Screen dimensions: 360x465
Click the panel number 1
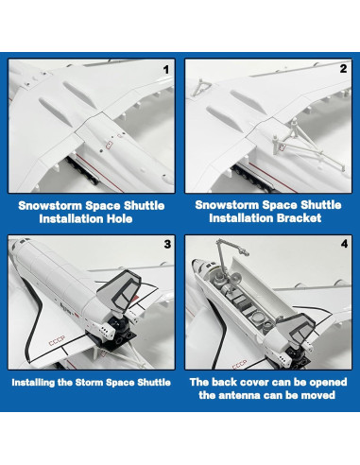point(166,70)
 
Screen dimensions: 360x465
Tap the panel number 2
point(343,69)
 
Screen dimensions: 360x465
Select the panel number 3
point(167,244)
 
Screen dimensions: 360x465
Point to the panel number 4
point(344,244)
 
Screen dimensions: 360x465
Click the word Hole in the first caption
point(119,219)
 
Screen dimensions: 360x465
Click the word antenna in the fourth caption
point(239,395)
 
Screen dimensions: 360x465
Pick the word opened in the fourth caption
point(328,382)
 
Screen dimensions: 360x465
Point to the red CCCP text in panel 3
point(57,340)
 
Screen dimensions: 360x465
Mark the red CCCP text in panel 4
point(240,364)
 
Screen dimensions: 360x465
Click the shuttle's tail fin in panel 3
point(120,290)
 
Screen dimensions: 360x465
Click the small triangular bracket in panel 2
point(199,87)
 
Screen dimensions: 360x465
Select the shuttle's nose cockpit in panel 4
point(199,267)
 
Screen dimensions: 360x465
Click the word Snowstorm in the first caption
point(50,206)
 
